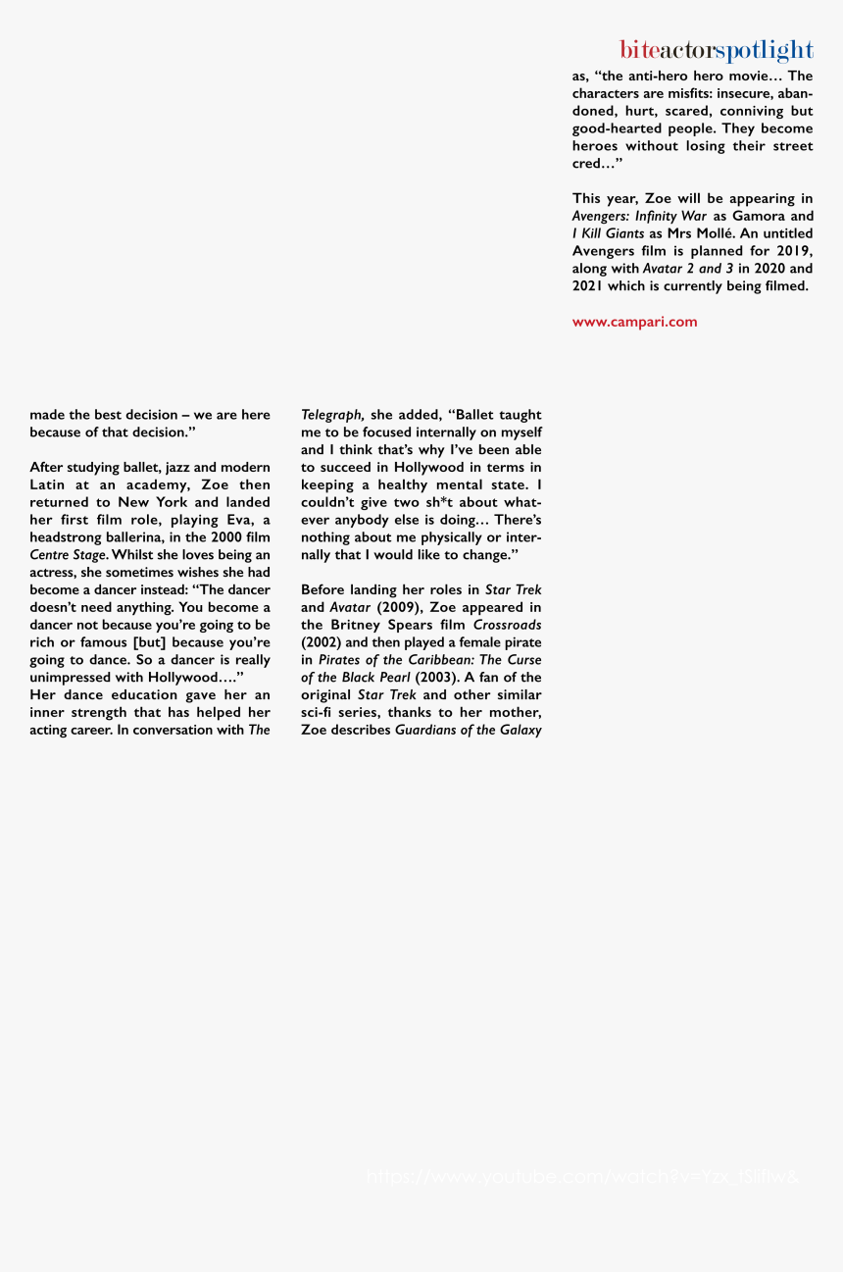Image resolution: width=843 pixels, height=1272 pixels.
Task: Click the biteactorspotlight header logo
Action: (x=716, y=50)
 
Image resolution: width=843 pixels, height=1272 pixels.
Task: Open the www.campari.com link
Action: (x=634, y=322)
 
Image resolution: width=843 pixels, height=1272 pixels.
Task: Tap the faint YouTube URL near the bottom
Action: (x=582, y=1177)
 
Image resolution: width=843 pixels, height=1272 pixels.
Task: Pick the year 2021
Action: (x=589, y=286)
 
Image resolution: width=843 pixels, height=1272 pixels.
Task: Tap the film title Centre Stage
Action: (x=68, y=555)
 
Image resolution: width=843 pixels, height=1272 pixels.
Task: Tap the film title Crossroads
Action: (x=507, y=625)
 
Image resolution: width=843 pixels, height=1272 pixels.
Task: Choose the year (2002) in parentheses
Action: (x=321, y=642)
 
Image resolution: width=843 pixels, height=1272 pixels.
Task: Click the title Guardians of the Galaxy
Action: (x=468, y=731)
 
